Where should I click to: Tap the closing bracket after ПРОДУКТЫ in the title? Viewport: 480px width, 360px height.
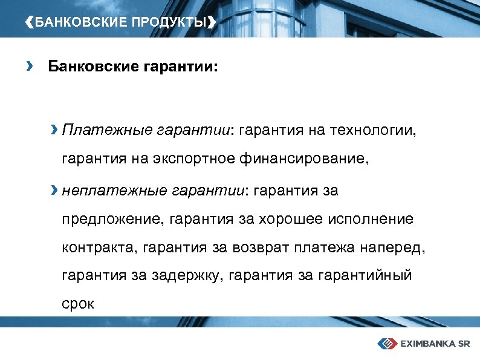coord(210,23)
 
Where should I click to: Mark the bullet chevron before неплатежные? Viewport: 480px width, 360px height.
coord(55,192)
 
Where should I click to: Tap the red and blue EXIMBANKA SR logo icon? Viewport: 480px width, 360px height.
coord(386,344)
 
